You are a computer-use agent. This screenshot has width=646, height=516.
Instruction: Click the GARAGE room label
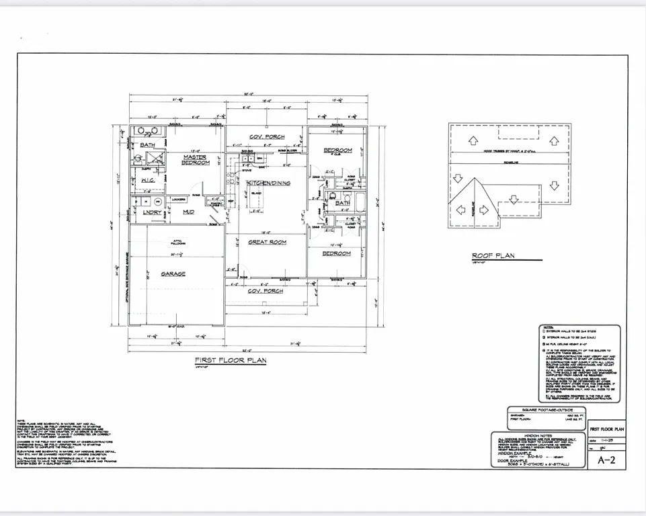pos(173,274)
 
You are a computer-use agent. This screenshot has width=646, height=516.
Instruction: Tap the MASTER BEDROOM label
pos(196,160)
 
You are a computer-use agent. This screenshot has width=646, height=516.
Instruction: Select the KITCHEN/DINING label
pos(268,183)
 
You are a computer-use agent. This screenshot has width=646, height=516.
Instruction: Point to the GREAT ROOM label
pos(268,242)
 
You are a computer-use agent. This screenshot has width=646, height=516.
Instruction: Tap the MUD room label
pos(189,212)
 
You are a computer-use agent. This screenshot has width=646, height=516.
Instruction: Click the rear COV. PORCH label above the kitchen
pos(267,137)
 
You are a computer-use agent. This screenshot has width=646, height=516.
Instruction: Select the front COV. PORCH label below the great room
pos(266,291)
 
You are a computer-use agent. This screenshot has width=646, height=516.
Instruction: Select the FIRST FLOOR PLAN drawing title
pos(231,360)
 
